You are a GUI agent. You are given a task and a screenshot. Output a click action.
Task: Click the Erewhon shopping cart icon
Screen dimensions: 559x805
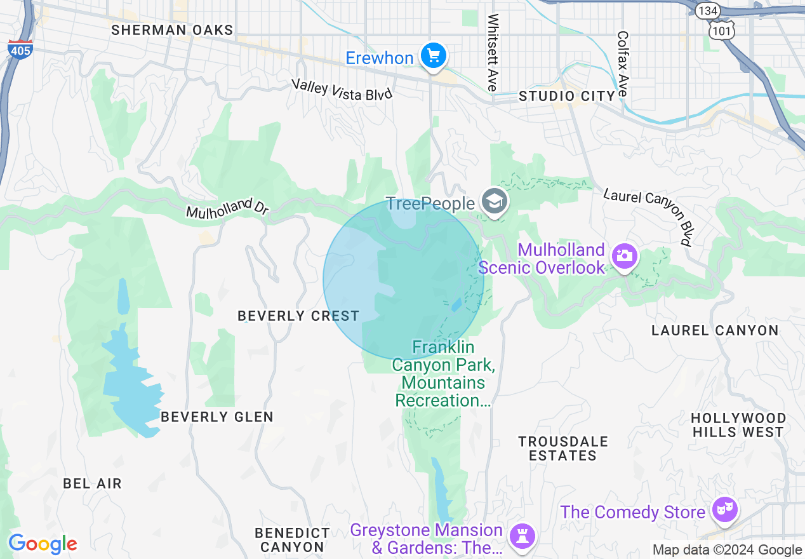pos(434,57)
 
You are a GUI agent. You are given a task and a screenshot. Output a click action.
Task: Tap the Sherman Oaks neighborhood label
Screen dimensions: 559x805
pos(172,30)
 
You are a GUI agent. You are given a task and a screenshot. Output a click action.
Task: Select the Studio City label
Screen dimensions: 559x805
pos(567,96)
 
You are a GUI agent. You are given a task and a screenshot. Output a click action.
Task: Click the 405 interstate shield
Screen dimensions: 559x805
pos(20,50)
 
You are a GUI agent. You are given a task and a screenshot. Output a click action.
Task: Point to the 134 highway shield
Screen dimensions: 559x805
pos(706,11)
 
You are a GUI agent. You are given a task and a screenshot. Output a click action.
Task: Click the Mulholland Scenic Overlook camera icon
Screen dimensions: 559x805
pos(625,256)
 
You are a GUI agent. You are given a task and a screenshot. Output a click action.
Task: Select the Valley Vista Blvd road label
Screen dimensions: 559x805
pos(342,89)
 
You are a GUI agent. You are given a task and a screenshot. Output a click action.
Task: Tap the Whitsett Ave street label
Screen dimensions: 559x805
pos(493,52)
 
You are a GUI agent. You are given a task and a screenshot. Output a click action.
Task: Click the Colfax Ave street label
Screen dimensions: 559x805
pos(623,64)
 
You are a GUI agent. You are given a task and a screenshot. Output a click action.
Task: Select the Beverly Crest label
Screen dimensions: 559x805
pos(298,316)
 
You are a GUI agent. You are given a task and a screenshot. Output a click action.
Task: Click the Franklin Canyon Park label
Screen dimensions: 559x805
pos(443,374)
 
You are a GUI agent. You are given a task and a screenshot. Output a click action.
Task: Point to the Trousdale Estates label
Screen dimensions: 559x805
pos(562,448)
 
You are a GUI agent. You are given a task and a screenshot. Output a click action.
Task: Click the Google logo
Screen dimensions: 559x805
pos(43,544)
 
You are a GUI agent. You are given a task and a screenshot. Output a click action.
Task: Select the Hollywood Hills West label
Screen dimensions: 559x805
pos(738,425)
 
